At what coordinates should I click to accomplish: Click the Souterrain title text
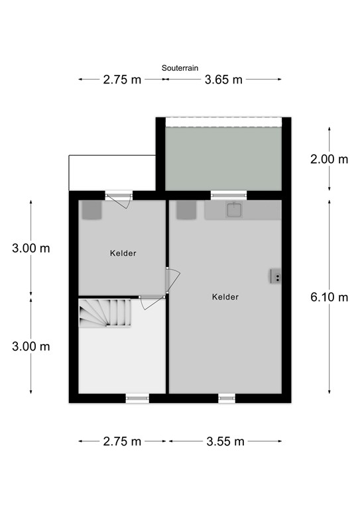click(x=180, y=68)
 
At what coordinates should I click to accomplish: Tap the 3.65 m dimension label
click(x=223, y=80)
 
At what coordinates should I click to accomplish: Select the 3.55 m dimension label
click(x=225, y=441)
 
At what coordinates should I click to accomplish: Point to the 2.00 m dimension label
click(x=329, y=159)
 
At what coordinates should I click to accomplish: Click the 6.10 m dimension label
click(x=329, y=297)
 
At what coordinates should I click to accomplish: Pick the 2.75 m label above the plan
click(x=122, y=80)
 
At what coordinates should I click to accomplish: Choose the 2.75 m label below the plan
click(x=122, y=441)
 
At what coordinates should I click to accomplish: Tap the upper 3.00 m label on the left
click(x=31, y=249)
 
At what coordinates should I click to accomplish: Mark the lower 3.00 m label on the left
click(x=31, y=346)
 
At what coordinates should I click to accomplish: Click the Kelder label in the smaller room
click(x=123, y=253)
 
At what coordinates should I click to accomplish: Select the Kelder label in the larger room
click(x=225, y=297)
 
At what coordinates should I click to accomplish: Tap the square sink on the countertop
click(x=233, y=210)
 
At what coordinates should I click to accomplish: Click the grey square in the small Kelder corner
click(x=91, y=211)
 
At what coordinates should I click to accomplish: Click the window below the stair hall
click(x=137, y=398)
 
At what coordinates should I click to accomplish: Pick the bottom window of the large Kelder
click(x=227, y=398)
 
